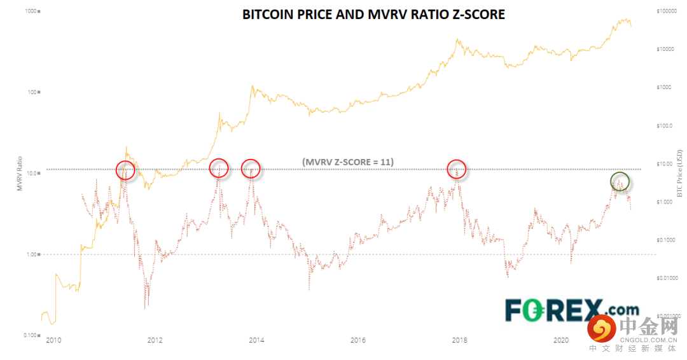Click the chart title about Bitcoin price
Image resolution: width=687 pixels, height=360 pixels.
[x=373, y=14]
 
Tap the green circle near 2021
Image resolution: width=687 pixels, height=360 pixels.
[x=620, y=181]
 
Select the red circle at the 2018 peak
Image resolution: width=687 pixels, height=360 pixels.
[x=456, y=169]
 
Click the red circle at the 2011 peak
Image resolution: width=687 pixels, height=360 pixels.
[x=125, y=170]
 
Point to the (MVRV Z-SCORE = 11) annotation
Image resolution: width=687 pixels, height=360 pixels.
[x=348, y=162]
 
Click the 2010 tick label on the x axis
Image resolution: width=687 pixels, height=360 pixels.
[x=53, y=341]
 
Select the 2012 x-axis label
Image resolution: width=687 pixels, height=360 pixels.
[x=155, y=341]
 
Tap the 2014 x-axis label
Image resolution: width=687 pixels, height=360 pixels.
[x=256, y=341]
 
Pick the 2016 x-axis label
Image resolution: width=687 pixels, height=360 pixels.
[x=358, y=341]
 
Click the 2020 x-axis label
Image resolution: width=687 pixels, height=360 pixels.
[x=561, y=341]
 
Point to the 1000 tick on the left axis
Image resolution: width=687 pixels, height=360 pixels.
[x=29, y=11]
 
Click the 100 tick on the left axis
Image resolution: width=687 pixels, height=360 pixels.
[x=30, y=92]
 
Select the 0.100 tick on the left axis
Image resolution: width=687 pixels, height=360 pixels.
[x=27, y=335]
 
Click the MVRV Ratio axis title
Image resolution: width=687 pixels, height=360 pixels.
[x=20, y=174]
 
